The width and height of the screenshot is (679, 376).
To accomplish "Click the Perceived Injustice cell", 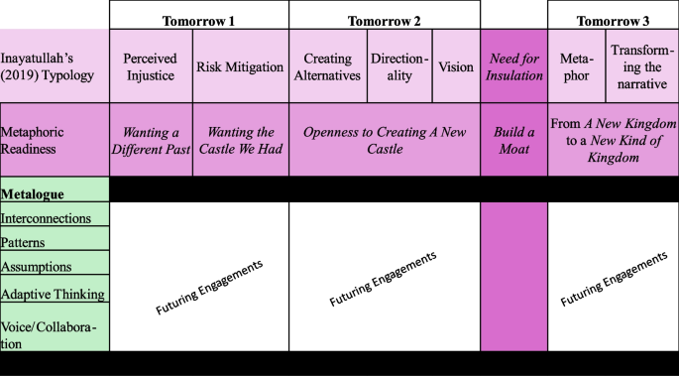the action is point(151,66).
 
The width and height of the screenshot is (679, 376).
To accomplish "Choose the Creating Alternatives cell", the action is point(328,66).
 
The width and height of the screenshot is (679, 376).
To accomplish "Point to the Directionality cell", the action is point(399,66).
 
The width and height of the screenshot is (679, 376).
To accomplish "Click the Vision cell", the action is point(456,66).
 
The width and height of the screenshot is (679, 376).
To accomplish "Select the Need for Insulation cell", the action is point(513,66).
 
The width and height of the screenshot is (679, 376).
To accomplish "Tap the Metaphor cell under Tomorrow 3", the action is point(576,66).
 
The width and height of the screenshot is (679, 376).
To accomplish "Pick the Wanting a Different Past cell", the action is point(151,140).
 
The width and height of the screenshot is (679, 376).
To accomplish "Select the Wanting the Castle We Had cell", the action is point(240,140).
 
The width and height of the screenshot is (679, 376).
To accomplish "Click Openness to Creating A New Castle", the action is point(384,140).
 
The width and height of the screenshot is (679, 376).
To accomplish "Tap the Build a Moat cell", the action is point(513,140).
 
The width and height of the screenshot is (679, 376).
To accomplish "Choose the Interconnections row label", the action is point(47,217).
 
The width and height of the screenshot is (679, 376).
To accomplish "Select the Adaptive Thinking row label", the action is point(52,294).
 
